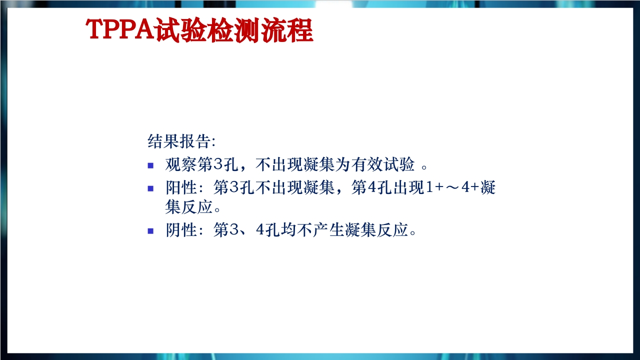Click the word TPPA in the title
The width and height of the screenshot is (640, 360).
pos(120,29)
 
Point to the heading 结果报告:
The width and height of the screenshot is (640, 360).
pos(181,141)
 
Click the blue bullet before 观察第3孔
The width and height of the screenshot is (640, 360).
pos(150,165)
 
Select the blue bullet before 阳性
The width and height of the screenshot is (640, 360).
pos(150,188)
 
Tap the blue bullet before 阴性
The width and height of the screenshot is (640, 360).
pos(150,231)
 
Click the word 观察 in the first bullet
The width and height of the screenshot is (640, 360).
pos(181,164)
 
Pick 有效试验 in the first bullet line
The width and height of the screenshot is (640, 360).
pos(383,164)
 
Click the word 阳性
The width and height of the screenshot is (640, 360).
pos(181,187)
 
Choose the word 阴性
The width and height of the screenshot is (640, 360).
pos(181,230)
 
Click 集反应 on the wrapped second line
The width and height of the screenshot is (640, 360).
pos(189,207)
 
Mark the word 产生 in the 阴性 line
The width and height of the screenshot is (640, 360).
pos(328,230)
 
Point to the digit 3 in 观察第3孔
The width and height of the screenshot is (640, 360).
pos(218,164)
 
